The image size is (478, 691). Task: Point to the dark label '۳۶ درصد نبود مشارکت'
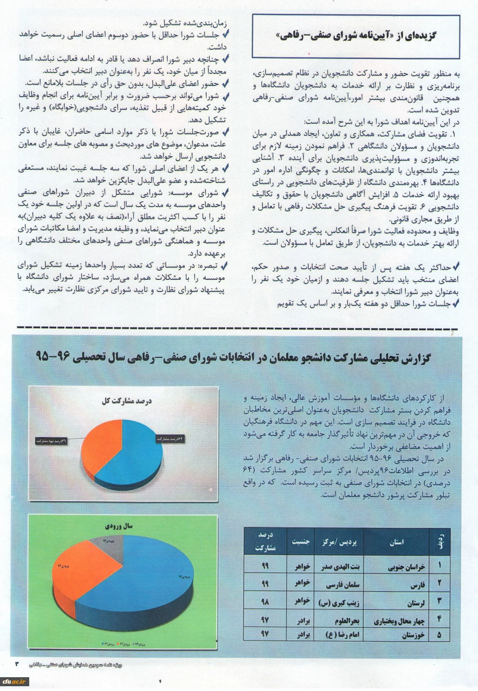(52, 440)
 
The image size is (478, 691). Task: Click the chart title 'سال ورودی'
(123, 526)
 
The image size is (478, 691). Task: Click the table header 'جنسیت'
(300, 542)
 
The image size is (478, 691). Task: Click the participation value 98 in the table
(264, 603)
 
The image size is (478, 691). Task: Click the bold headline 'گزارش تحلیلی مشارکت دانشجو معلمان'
(239, 356)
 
